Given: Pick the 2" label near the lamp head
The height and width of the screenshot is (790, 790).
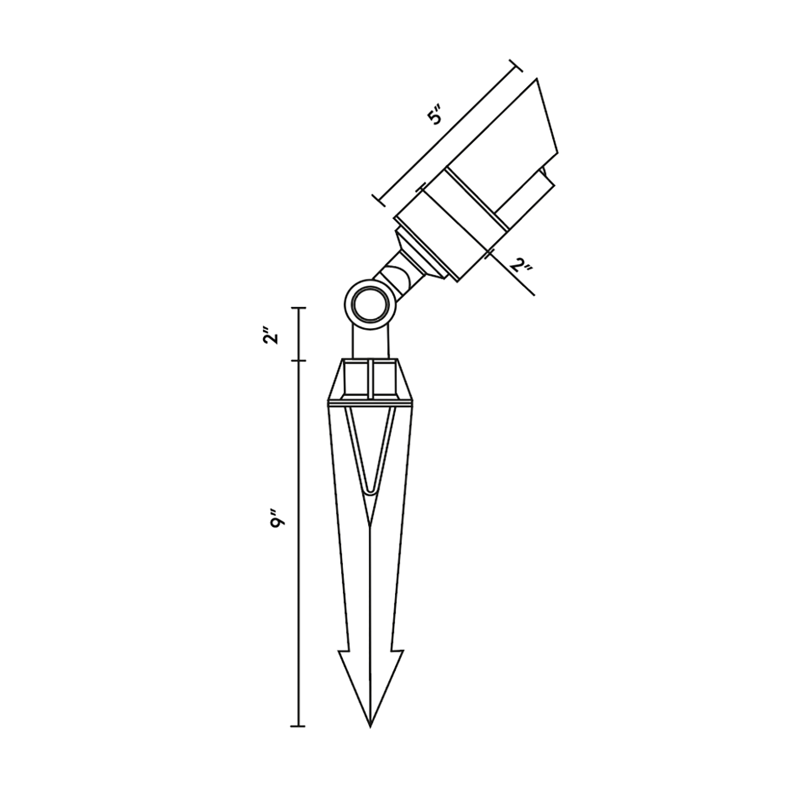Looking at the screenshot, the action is (521, 267).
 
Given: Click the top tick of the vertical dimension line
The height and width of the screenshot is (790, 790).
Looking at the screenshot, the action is (298, 307).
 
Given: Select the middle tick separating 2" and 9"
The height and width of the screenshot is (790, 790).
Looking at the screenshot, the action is (298, 361).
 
